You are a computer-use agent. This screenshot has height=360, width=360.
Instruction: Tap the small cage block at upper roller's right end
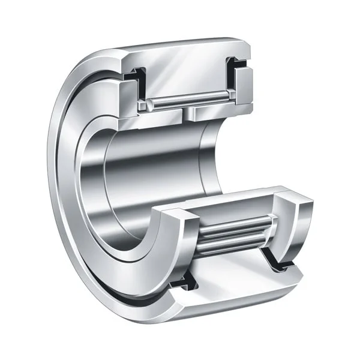pyautogui.click(x=226, y=98)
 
